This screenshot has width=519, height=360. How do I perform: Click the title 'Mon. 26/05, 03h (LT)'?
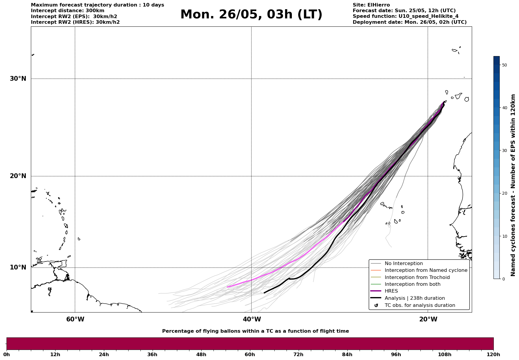[251, 15]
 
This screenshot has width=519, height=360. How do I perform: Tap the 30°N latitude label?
[18, 79]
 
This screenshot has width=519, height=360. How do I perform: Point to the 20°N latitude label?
[18, 176]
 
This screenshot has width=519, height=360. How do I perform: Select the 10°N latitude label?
[18, 267]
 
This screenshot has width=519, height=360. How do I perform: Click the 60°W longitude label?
[75, 319]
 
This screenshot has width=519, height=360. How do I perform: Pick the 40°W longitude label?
[252, 319]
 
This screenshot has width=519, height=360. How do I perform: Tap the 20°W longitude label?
[428, 319]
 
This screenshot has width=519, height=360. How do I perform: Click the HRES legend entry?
[391, 291]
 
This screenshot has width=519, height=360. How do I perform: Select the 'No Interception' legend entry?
[404, 264]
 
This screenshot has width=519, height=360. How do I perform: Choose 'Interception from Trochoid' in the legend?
[417, 277]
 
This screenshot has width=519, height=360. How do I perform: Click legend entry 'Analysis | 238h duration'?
[414, 298]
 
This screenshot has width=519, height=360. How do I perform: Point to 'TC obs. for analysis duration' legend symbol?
[376, 305]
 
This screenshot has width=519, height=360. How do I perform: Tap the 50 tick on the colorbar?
[504, 65]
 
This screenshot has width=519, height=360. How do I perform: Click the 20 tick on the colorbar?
[504, 193]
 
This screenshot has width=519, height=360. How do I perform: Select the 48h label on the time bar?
[201, 354]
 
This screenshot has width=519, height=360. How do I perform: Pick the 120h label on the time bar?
[493, 354]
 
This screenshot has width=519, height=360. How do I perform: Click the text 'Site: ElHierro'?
[371, 5]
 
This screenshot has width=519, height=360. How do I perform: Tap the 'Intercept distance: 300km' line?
[68, 11]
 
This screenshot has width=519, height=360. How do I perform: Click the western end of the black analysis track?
[264, 293]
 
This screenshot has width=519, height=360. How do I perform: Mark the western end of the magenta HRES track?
[227, 287]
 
